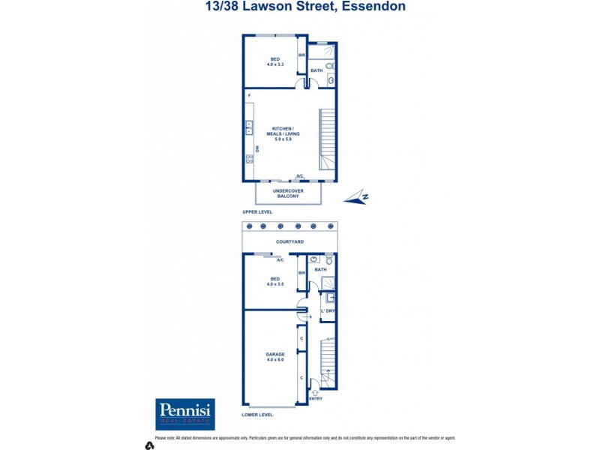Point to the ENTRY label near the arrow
click(x=315, y=399)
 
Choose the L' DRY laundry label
click(x=328, y=310)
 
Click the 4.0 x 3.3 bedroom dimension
click(x=275, y=64)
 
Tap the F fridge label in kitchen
click(x=247, y=95)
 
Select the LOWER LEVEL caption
click(x=257, y=414)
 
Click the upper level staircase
click(x=328, y=139)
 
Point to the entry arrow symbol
click(x=315, y=391)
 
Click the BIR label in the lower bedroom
click(x=301, y=274)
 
